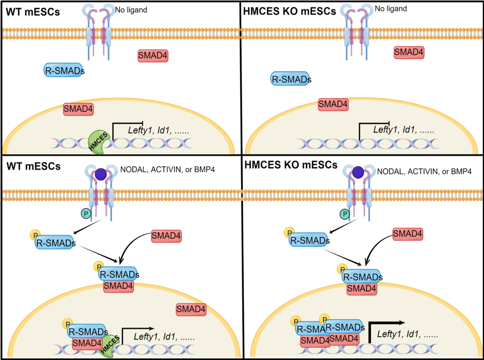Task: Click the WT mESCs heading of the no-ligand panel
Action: pos(33,12)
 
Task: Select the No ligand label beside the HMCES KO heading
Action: pos(391,9)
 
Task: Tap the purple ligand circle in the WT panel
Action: pos(101,174)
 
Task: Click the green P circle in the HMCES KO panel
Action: pos(345,214)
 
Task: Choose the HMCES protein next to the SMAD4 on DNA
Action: pos(110,346)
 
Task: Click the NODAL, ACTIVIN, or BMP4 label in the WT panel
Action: pos(167,170)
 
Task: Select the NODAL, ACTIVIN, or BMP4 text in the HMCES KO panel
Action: pos(424,172)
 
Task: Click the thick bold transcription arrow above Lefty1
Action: pos(386,323)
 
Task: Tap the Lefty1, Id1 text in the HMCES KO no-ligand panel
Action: pos(404,130)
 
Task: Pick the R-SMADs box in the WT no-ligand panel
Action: pos(64,71)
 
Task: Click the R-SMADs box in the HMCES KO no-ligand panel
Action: pos(291,79)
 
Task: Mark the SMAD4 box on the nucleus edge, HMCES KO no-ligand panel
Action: pos(333,104)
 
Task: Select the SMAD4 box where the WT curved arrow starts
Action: pos(166,236)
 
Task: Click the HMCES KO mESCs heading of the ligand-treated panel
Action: pos(291,165)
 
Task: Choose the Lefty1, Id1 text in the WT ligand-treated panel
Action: pos(164,337)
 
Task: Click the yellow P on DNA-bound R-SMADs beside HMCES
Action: pos(67,324)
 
